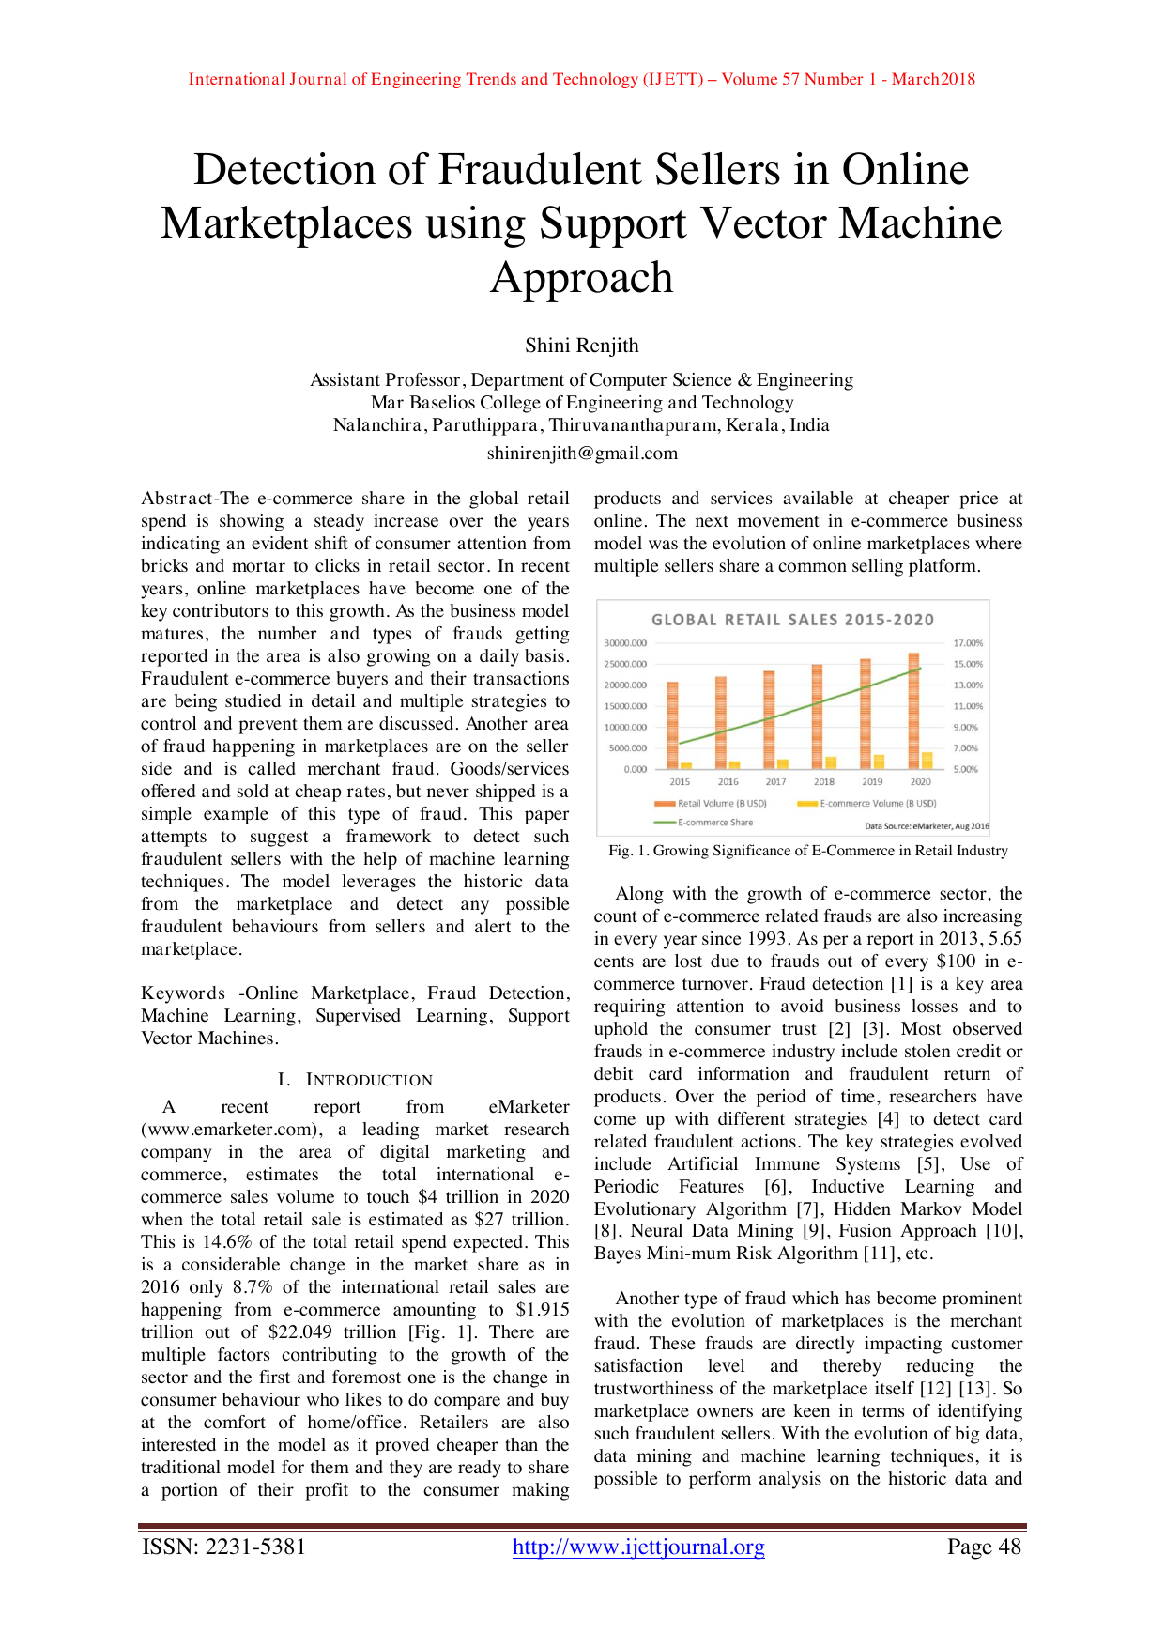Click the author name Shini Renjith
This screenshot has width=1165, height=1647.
coord(582,346)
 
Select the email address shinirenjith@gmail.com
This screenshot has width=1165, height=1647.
coord(582,454)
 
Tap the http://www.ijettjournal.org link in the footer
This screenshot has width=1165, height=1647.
coord(638,1547)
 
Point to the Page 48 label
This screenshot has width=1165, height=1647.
coord(984,1547)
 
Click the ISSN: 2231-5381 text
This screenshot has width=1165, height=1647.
coord(223,1547)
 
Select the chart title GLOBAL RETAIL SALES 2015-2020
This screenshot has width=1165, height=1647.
coord(793,620)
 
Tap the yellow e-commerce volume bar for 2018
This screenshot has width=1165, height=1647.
coord(831,762)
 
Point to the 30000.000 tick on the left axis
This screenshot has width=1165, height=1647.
coord(625,643)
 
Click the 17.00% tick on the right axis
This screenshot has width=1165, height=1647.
coord(968,643)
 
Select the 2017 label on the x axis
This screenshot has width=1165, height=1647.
coord(775,781)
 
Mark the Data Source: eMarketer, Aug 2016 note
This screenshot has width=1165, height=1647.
coord(927,826)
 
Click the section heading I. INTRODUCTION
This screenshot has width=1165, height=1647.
coord(356,1080)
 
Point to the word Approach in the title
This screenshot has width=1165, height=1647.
coord(582,278)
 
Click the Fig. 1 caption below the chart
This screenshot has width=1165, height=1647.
coord(808,851)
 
